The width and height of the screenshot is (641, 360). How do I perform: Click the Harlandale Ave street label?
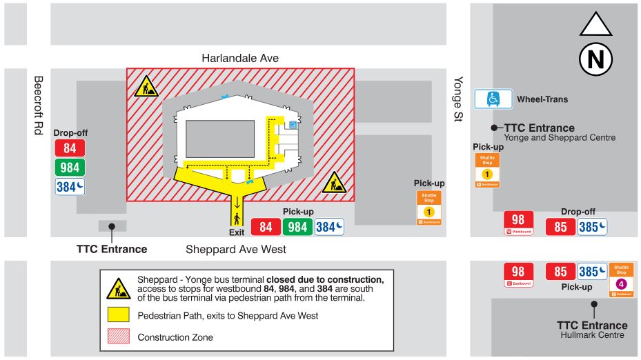point(240,58)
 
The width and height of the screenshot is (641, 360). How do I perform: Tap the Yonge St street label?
point(457,100)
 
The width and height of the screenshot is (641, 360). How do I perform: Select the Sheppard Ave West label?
point(236,248)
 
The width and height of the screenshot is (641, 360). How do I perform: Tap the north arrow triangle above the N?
point(595,25)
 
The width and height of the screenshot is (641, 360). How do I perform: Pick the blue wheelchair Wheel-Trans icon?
point(493,99)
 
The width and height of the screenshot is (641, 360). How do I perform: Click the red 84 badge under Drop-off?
point(70,148)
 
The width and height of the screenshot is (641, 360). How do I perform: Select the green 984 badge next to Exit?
point(297,227)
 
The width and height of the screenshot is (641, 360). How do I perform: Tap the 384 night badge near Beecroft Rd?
point(70,186)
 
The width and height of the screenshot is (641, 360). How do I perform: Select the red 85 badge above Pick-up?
point(560,272)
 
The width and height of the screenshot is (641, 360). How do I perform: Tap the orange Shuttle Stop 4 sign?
point(621,279)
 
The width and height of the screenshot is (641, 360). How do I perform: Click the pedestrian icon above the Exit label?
point(237,219)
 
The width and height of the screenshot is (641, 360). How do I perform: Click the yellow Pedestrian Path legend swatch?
point(119,316)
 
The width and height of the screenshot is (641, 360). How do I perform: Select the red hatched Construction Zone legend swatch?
point(119,337)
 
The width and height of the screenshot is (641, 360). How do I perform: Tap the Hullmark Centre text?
point(592,335)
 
